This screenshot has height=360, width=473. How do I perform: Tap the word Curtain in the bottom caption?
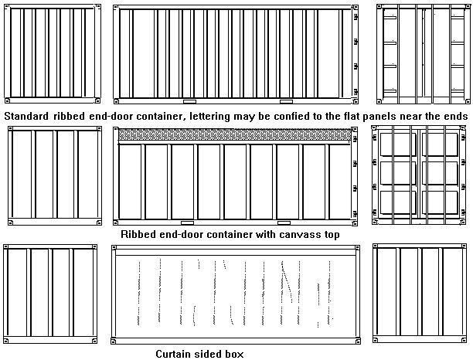pos(176,354)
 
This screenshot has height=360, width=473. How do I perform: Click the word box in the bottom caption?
pos(233,354)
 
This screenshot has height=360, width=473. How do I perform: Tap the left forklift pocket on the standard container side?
pos(189,101)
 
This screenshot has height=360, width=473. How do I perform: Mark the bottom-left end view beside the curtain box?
pos(50,294)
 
